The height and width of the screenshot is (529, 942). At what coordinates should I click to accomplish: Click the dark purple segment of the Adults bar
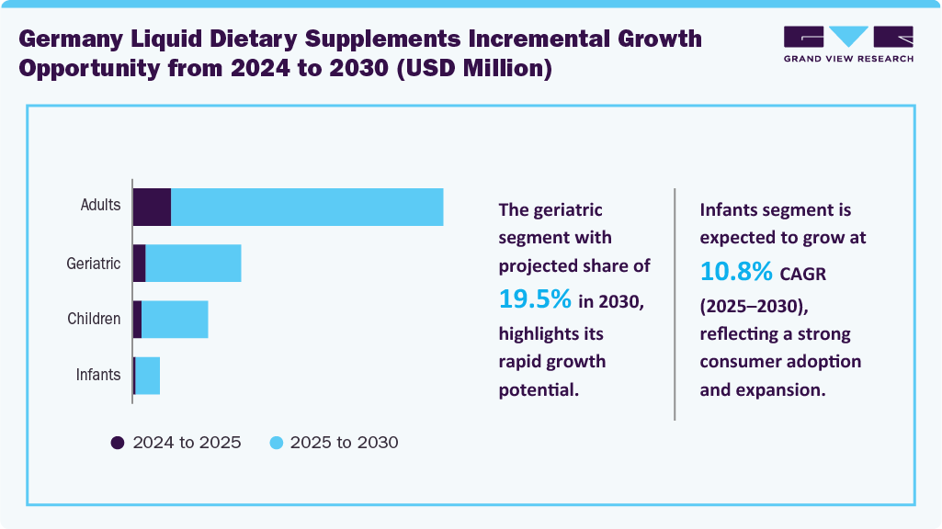click(x=152, y=207)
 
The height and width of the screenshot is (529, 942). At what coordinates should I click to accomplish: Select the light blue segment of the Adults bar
click(x=307, y=207)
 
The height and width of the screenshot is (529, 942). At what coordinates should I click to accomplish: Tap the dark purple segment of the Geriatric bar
click(x=140, y=264)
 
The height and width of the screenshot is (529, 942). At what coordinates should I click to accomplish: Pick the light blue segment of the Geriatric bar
click(x=193, y=264)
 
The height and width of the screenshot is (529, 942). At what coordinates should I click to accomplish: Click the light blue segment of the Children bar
click(x=175, y=320)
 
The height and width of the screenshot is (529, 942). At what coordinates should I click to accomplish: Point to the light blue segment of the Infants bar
click(x=147, y=376)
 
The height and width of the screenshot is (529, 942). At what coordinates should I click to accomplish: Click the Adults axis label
click(x=100, y=205)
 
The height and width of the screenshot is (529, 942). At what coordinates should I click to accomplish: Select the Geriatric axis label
click(x=94, y=264)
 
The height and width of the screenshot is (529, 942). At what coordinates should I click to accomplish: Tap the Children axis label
click(x=94, y=320)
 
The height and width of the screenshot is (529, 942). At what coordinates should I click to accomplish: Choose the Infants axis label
click(x=97, y=375)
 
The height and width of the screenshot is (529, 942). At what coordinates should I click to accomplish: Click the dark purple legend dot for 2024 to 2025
click(x=118, y=443)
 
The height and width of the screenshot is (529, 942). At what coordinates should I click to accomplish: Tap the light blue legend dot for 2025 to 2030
click(x=276, y=443)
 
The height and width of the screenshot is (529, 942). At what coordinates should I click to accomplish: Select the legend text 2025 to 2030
click(x=344, y=443)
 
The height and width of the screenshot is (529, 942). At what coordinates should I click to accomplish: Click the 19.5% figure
click(x=536, y=298)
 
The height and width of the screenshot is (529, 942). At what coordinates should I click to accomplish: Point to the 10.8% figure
click(x=736, y=272)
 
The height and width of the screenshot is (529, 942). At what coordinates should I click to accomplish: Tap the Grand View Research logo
click(x=848, y=43)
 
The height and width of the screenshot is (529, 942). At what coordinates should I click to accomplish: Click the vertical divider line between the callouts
click(x=675, y=303)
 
